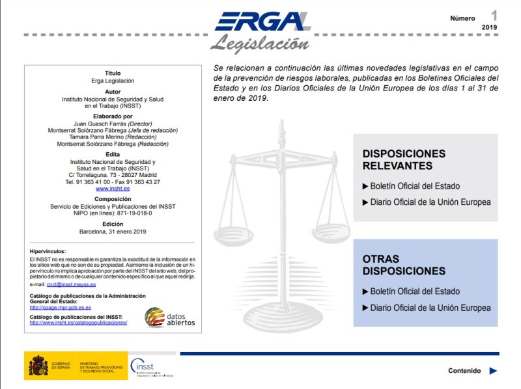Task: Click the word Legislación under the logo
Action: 259,44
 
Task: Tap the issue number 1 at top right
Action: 494,15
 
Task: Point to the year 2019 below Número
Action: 489,28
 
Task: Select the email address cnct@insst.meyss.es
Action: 72,284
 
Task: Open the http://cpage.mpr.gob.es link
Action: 61,308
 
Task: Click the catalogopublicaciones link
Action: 79,323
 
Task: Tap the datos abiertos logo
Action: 169,317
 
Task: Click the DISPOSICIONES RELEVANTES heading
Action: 404,159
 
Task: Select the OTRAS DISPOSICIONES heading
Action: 404,265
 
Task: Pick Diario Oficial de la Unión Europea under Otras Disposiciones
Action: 430,308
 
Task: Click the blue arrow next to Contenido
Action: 494,371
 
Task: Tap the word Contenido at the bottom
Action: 464,371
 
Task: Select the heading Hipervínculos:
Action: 48,251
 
